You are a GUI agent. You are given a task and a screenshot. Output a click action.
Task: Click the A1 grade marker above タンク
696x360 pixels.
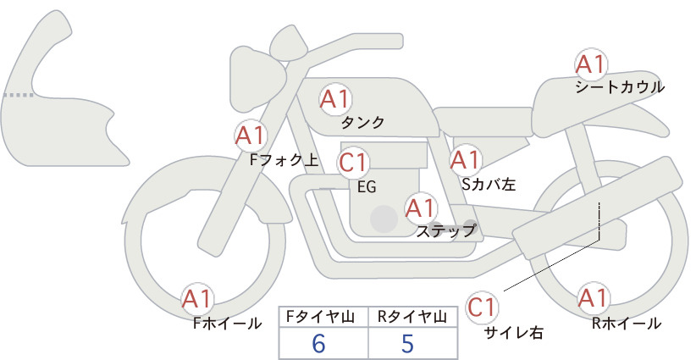pyautogui.click(x=335, y=99)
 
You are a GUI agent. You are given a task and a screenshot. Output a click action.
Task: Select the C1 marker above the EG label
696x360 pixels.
pyautogui.click(x=353, y=162)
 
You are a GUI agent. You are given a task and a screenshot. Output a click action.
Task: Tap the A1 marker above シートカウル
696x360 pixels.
pyautogui.click(x=591, y=64)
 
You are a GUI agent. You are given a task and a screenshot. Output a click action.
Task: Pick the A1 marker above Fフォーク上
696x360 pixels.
pyautogui.click(x=251, y=136)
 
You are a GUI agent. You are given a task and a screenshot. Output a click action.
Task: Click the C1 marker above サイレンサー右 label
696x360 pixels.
pyautogui.click(x=482, y=307)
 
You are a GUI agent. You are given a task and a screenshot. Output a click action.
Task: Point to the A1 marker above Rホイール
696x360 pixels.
pyautogui.click(x=593, y=298)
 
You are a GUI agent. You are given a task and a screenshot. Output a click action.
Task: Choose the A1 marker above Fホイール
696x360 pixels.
pyautogui.click(x=197, y=299)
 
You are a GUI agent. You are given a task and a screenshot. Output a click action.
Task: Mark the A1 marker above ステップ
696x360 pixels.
pyautogui.click(x=421, y=208)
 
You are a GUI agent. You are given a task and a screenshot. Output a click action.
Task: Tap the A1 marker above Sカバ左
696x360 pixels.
pyautogui.click(x=466, y=160)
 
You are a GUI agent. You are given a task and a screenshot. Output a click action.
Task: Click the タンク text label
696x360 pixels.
pyautogui.click(x=362, y=123)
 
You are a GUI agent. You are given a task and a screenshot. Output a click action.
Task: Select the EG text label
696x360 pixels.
pyautogui.click(x=367, y=187)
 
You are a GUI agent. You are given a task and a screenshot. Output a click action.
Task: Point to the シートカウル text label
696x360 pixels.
pyautogui.click(x=620, y=87)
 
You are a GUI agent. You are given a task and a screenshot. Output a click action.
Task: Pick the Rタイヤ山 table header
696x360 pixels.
pyautogui.click(x=412, y=317)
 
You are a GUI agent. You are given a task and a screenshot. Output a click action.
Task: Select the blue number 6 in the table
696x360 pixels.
pyautogui.click(x=318, y=343)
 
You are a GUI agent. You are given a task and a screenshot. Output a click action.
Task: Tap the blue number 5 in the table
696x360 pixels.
pyautogui.click(x=407, y=343)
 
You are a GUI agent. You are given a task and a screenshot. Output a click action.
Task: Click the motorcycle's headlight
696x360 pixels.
pyautogui.click(x=257, y=80)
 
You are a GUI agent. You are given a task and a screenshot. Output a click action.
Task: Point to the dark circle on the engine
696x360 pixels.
pyautogui.click(x=384, y=219)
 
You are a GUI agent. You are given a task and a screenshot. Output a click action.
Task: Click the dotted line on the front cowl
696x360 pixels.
pyautogui.click(x=18, y=95)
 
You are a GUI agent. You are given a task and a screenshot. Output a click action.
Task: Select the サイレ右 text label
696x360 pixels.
pyautogui.click(x=513, y=332)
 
